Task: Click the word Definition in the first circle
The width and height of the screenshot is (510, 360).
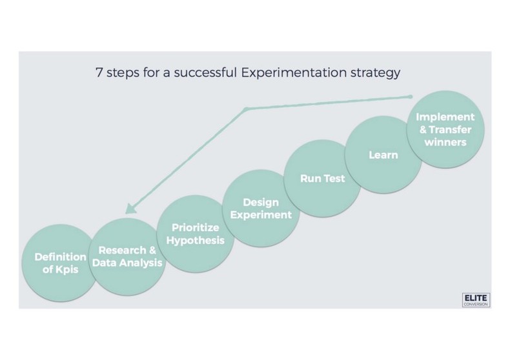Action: point(60,257)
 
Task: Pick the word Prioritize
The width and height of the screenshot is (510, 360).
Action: point(194,228)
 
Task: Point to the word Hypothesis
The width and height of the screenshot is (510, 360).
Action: point(194,240)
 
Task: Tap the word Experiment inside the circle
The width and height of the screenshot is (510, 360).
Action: point(260,214)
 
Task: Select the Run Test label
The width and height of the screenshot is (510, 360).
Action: point(322,178)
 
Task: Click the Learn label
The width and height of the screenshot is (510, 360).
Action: point(383,155)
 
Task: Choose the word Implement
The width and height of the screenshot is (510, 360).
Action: point(445,117)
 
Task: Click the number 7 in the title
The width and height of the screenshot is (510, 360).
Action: point(97,72)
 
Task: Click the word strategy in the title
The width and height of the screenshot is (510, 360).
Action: point(377,72)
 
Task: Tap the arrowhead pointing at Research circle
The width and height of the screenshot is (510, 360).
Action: point(130,208)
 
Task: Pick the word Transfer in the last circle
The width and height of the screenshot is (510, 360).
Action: point(449,129)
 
